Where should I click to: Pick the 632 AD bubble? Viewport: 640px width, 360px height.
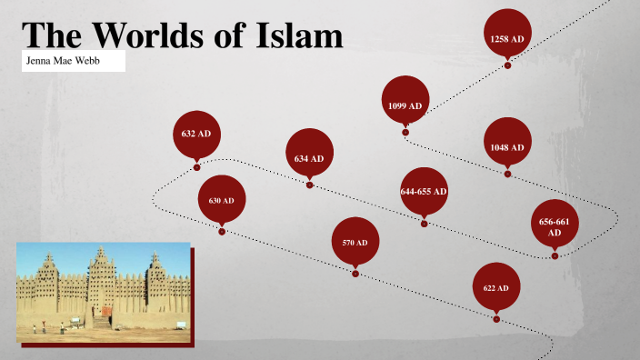point(196,135)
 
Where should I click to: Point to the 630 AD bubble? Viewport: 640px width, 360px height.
point(222,199)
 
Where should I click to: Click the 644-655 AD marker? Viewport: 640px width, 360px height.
point(424,191)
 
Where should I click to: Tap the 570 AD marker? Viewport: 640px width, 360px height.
point(355,243)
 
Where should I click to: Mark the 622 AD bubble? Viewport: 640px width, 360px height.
point(496,286)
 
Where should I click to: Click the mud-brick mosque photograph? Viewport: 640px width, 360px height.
point(103,292)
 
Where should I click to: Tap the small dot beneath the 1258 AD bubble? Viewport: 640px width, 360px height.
point(507,65)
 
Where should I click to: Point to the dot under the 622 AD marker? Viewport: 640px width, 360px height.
point(496,319)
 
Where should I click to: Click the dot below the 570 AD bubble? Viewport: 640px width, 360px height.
point(355,274)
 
